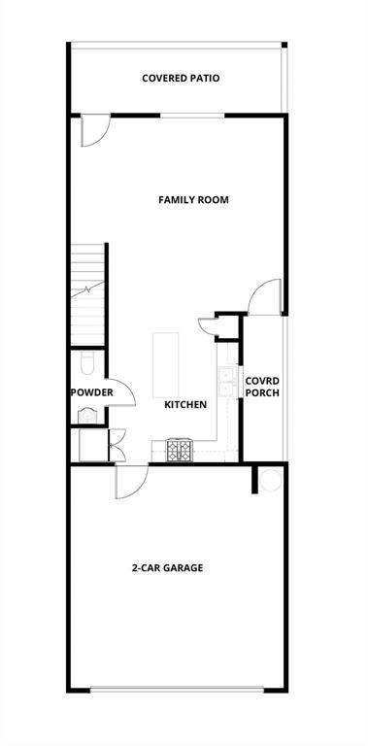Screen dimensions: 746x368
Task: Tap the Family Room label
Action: tap(192, 200)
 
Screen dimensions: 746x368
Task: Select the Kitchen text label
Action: tap(184, 404)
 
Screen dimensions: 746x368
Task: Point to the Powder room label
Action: tap(91, 392)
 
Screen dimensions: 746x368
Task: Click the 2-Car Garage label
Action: tap(167, 567)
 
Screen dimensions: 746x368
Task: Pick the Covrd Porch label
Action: tap(262, 387)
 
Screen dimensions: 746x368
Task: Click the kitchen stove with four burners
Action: tap(180, 450)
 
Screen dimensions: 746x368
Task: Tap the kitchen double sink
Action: tap(227, 381)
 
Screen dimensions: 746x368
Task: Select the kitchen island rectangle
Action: tap(166, 364)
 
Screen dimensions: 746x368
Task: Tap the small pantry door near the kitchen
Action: tap(212, 326)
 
